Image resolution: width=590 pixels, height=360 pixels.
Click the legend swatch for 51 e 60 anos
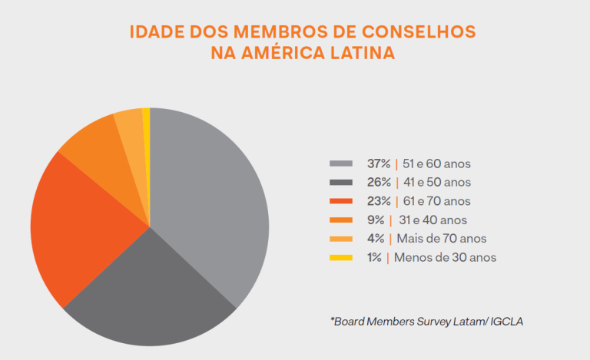click(x=341, y=163)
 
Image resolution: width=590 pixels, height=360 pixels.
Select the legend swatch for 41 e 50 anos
click(x=341, y=183)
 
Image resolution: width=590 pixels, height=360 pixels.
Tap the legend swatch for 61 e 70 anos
click(x=341, y=201)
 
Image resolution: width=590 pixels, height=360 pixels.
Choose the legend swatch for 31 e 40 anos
click(x=341, y=220)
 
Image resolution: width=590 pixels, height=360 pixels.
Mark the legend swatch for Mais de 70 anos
click(x=341, y=239)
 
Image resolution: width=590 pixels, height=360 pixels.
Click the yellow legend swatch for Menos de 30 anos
click(x=341, y=257)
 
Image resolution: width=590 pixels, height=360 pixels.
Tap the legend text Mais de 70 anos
click(x=442, y=239)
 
